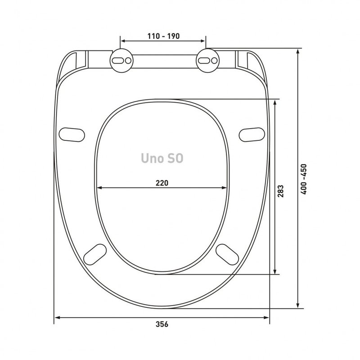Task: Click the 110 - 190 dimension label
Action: [163, 36]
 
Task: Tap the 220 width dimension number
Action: [162, 183]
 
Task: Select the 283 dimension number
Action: [280, 191]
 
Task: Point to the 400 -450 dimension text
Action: [304, 179]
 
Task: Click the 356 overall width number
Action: [162, 324]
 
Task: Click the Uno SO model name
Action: [162, 158]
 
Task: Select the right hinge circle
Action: [207, 61]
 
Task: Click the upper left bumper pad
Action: [72, 135]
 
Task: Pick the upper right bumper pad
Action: [252, 135]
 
